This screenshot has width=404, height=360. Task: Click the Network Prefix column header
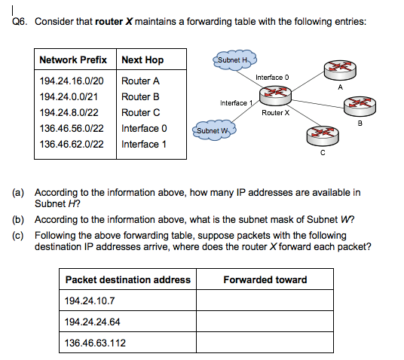(x=73, y=59)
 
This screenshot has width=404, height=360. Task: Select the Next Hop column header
(x=142, y=59)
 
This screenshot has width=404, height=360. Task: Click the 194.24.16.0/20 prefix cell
(x=72, y=81)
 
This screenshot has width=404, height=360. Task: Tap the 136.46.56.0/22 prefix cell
(x=72, y=128)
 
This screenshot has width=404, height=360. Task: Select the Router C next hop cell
(x=141, y=112)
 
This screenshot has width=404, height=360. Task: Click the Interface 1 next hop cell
(x=144, y=144)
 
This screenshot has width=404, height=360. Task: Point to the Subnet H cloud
(x=234, y=59)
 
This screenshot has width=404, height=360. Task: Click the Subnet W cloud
(x=215, y=131)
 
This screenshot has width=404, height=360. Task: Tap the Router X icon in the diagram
(x=275, y=95)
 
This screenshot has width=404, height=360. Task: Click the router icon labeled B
(x=359, y=109)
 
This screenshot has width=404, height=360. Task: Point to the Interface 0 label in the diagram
(x=272, y=78)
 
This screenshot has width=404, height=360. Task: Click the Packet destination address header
(x=128, y=279)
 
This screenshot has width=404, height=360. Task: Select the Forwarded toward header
(x=265, y=279)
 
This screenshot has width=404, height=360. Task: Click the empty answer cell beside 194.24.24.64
(x=265, y=322)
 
